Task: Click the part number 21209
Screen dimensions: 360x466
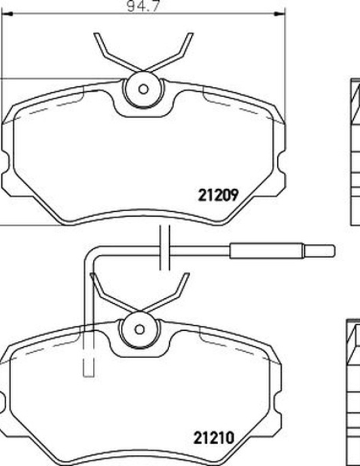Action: (x=218, y=195)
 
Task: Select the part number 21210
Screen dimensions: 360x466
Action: (x=214, y=437)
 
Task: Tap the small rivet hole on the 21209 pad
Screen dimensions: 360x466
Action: (x=143, y=89)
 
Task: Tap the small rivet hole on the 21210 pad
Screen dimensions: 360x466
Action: (x=139, y=329)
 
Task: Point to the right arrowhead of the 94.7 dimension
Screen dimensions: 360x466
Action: (x=280, y=14)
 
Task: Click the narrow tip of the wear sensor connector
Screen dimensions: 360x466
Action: (x=319, y=251)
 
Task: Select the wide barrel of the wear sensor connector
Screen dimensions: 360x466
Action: (x=267, y=251)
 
